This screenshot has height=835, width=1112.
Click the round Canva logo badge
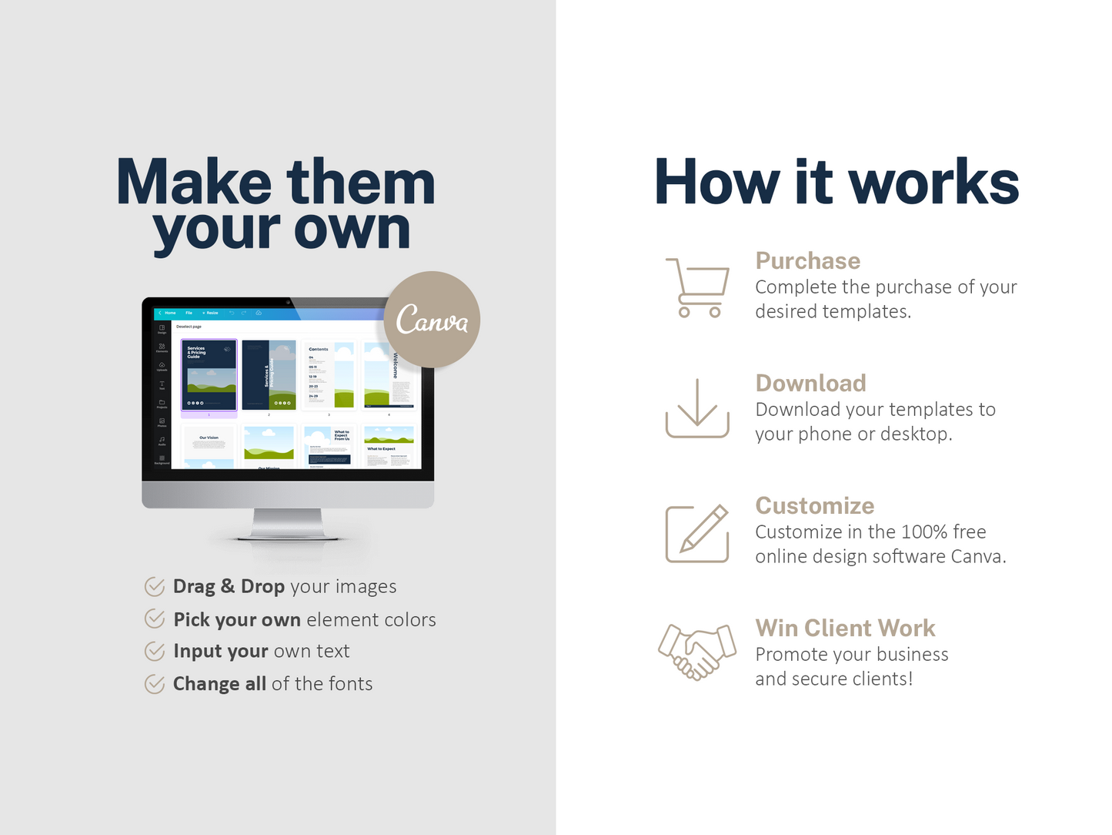432,320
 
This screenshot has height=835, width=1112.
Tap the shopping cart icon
697,287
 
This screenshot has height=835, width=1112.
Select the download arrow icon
697,408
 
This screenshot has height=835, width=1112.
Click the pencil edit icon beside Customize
697,533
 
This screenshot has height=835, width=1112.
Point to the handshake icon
697,652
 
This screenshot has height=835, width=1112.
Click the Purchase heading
807,261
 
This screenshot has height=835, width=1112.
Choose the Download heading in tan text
810,383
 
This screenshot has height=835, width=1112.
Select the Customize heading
814,505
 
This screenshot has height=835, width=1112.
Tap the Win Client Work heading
845,628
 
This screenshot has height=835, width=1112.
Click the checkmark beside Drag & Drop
155,587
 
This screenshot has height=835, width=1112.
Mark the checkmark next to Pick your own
155,619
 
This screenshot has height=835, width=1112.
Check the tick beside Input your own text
155,651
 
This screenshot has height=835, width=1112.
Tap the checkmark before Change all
155,684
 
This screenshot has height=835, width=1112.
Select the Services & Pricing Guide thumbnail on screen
209,375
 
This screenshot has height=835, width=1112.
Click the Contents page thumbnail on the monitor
329,375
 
